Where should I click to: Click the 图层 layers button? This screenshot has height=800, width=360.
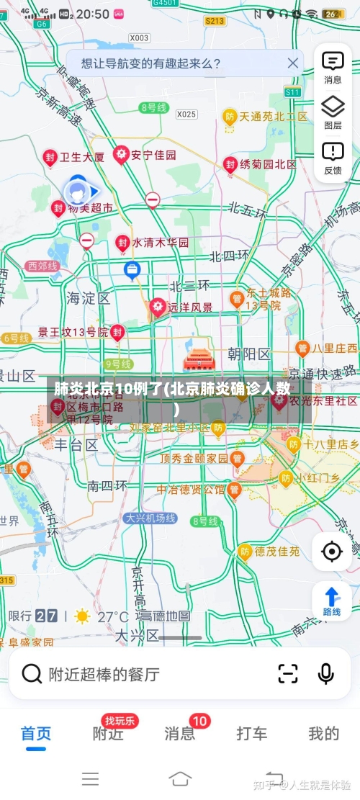(x=333, y=113)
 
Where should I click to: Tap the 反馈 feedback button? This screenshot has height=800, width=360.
(x=333, y=158)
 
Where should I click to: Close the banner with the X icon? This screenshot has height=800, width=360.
(x=292, y=63)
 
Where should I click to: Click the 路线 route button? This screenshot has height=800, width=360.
(x=332, y=601)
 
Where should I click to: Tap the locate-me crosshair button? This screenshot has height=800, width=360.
(x=332, y=552)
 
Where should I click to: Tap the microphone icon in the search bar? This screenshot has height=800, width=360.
(x=325, y=674)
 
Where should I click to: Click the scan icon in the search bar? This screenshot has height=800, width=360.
(x=287, y=674)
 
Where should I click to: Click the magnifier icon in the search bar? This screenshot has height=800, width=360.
(x=32, y=674)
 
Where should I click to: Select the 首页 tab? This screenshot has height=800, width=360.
(x=35, y=734)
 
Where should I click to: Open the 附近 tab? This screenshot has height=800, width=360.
(x=108, y=734)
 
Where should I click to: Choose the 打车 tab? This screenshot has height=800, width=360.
(x=252, y=734)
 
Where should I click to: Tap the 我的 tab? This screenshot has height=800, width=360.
(x=324, y=734)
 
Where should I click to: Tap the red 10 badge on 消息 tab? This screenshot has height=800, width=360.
(x=199, y=721)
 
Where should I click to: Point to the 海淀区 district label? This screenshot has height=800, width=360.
(x=88, y=297)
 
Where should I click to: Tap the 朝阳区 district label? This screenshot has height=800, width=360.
(x=248, y=354)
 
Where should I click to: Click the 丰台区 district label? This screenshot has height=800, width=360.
(x=77, y=445)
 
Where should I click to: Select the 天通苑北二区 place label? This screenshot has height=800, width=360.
(x=274, y=116)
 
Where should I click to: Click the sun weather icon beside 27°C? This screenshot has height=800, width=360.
(x=83, y=616)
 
